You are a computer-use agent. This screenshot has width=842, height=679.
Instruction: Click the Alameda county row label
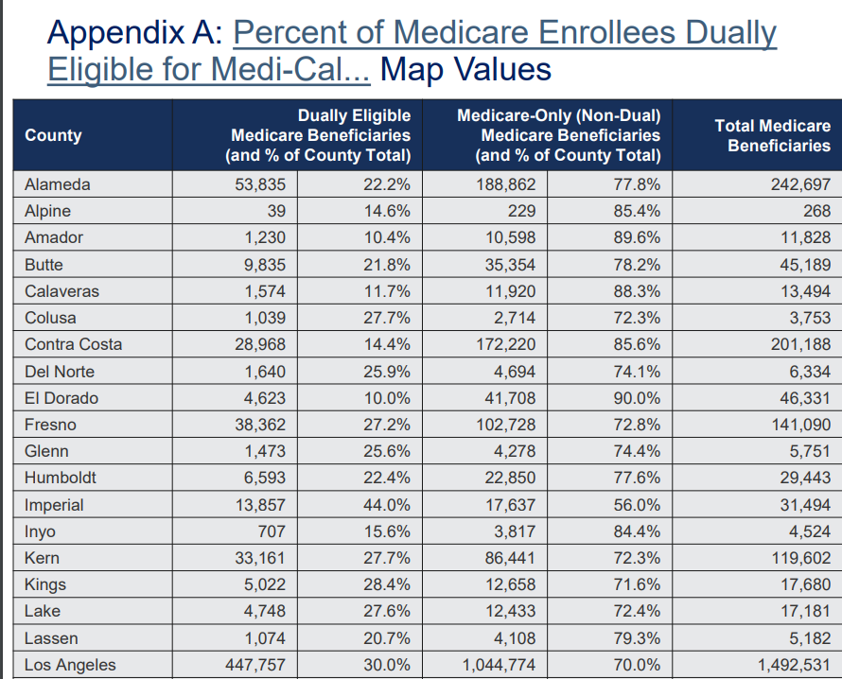point(57,184)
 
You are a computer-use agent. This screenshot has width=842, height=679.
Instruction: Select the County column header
point(53,135)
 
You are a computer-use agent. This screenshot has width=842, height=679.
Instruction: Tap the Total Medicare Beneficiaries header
point(772,135)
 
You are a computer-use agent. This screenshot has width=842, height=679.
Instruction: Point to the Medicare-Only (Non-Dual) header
point(558,135)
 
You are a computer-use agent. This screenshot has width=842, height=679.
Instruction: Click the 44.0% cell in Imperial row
point(387,505)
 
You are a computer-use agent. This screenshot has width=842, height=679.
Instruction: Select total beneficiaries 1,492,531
point(795,665)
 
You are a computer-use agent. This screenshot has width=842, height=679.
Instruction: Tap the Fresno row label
point(50,425)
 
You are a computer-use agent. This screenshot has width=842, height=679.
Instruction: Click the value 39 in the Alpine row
point(276,211)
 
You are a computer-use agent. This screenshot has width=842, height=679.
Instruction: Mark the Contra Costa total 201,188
point(800,344)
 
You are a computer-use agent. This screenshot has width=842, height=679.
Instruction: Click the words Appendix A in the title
point(133,34)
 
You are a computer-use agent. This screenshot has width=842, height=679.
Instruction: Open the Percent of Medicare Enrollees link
point(504,34)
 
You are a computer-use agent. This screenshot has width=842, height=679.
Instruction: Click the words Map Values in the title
point(465,69)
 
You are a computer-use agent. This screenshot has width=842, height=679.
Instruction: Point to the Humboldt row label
point(60,479)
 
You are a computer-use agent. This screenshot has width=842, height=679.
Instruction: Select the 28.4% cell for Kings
point(387,584)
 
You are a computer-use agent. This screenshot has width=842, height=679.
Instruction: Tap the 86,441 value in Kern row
point(511,558)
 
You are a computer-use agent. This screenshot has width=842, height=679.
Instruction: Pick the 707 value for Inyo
point(270,531)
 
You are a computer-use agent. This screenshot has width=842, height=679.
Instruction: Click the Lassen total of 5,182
point(810,638)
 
